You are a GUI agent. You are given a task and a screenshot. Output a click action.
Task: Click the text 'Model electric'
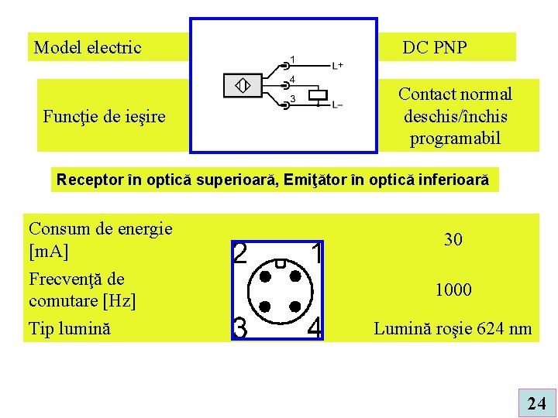click(88, 48)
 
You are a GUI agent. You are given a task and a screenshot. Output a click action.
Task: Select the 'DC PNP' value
click(435, 48)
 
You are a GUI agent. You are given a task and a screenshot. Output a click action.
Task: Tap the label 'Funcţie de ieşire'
click(104, 117)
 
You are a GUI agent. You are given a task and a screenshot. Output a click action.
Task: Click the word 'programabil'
click(455, 139)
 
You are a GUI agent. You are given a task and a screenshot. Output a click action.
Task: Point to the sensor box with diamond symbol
click(243, 85)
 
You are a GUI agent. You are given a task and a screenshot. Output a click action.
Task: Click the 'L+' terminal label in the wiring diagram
click(339, 66)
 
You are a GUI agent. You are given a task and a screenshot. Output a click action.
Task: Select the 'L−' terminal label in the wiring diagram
click(339, 104)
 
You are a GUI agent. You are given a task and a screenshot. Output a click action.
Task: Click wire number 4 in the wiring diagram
click(292, 79)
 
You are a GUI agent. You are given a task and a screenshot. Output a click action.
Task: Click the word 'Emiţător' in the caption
click(332, 180)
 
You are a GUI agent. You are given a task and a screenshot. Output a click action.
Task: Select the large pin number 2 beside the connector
click(240, 254)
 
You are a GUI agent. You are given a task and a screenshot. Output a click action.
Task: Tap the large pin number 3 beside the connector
click(240, 328)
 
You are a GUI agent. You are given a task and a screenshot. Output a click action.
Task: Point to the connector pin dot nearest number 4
click(295, 307)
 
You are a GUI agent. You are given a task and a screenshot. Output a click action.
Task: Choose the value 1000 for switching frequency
click(453, 290)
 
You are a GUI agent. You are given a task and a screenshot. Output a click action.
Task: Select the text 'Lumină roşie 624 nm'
click(453, 329)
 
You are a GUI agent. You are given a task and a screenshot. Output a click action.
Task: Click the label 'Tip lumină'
click(70, 328)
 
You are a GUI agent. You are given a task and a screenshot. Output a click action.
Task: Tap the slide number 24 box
click(536, 403)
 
